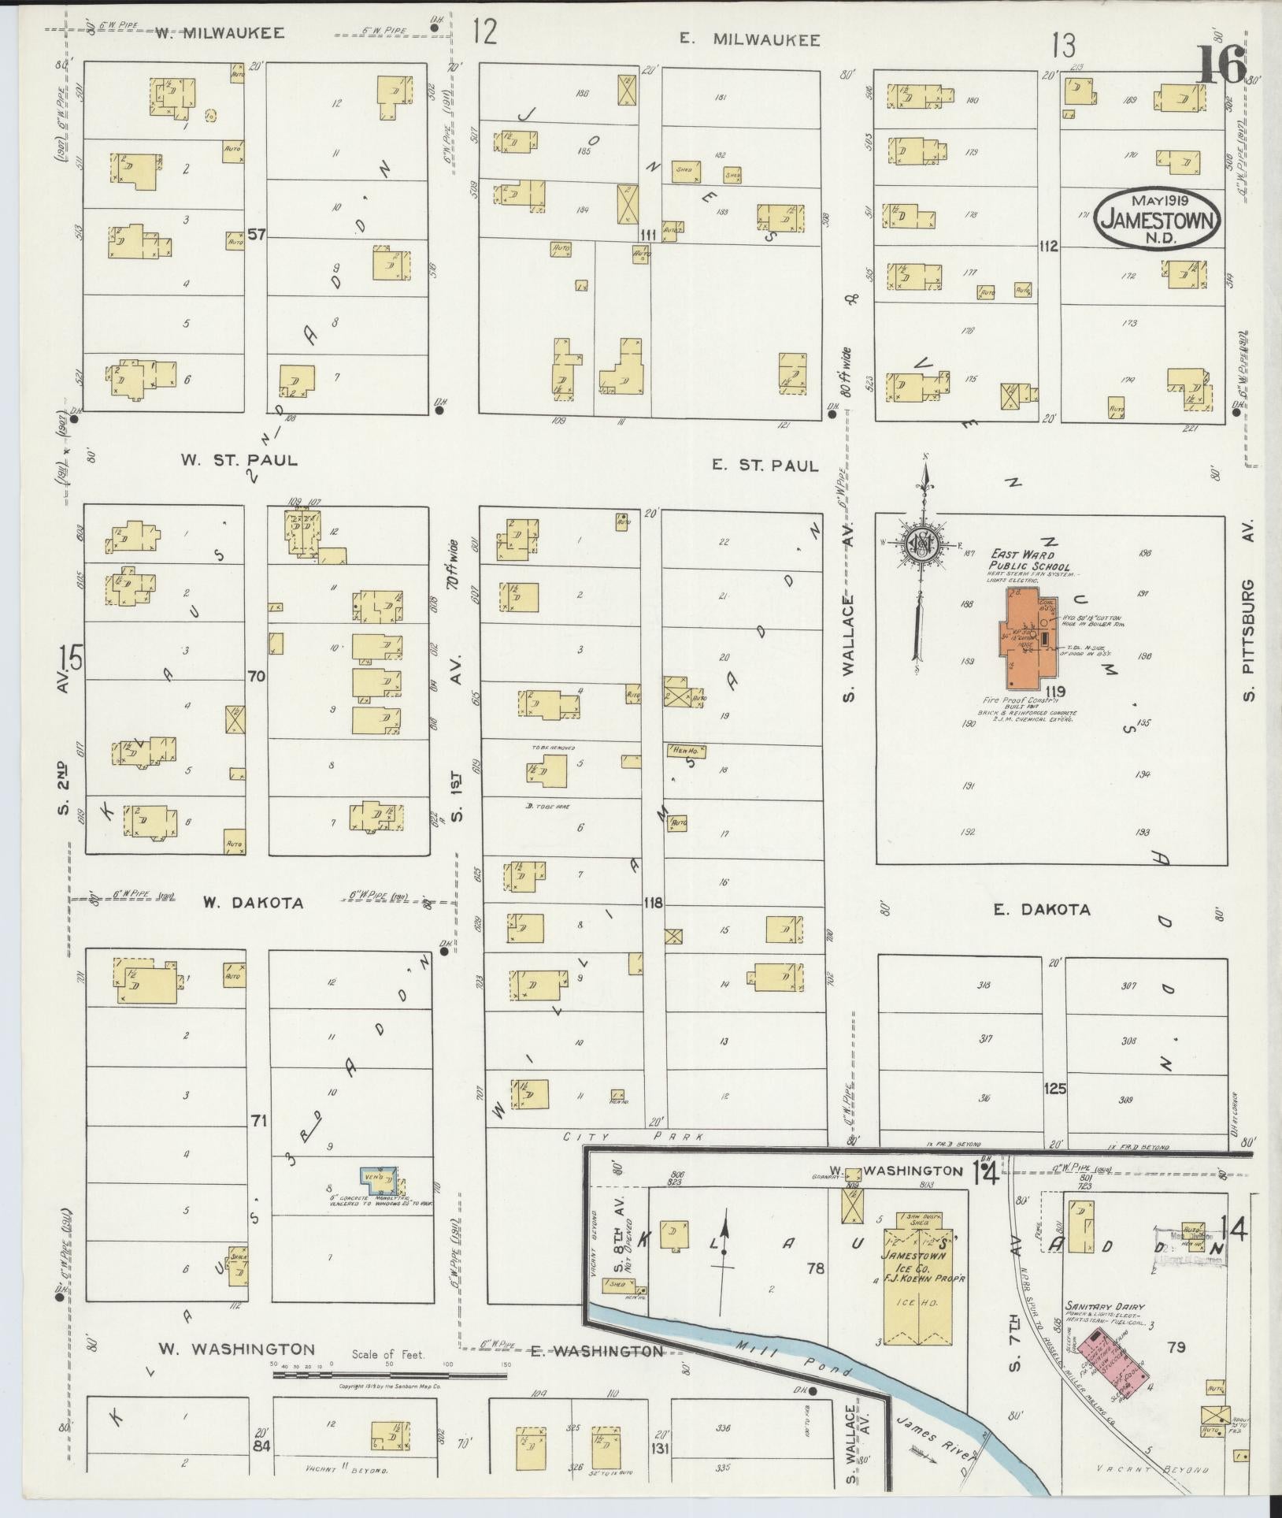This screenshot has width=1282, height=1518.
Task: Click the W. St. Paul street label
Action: click(x=239, y=460)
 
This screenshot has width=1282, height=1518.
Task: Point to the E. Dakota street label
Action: click(x=1041, y=910)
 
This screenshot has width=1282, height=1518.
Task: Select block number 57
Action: click(x=255, y=235)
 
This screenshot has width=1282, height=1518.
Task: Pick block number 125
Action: click(x=1054, y=1089)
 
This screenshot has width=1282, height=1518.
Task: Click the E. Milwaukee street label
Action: click(x=750, y=39)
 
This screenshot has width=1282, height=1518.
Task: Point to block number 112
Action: click(x=1047, y=247)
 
